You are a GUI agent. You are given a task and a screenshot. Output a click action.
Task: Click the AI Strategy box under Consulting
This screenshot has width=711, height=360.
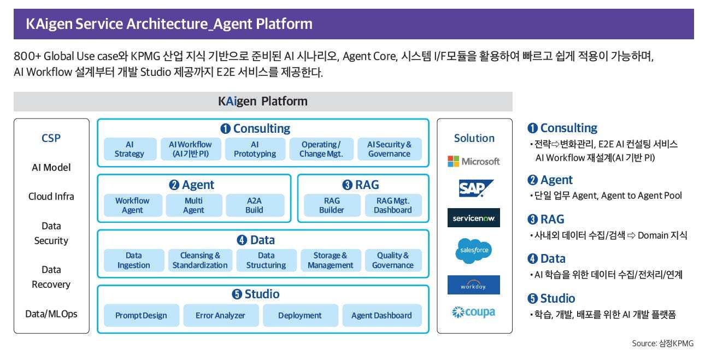(x=130, y=149)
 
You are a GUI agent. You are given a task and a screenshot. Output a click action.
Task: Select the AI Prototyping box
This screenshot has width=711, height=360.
(x=255, y=149)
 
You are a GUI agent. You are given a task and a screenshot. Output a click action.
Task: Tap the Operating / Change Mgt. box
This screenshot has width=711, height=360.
(x=321, y=149)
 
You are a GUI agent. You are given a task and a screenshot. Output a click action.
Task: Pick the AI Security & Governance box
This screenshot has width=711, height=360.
(x=389, y=149)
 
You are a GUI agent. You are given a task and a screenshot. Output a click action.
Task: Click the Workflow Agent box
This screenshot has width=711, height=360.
(x=132, y=205)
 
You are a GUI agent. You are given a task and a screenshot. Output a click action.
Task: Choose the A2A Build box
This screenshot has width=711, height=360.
(x=254, y=205)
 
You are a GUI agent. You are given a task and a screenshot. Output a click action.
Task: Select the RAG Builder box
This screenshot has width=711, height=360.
(x=332, y=205)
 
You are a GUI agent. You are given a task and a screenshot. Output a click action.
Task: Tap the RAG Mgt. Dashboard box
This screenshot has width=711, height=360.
(x=392, y=205)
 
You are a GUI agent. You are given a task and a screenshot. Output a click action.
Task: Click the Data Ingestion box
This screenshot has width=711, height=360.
(x=133, y=261)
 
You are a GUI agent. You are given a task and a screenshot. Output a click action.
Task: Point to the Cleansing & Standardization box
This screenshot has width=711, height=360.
(x=200, y=261)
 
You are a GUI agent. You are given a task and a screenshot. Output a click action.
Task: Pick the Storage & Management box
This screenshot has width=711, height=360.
(x=330, y=261)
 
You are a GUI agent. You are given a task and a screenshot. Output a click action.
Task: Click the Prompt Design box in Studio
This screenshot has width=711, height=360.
(x=141, y=315)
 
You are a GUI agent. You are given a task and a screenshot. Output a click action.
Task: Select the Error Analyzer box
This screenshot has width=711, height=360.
(x=220, y=315)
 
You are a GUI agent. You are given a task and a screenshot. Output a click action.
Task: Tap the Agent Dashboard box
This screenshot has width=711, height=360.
(x=381, y=315)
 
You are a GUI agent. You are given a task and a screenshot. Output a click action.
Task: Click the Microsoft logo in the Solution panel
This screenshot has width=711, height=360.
(x=474, y=161)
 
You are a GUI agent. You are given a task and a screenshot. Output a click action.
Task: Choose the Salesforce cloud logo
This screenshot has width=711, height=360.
(x=474, y=250)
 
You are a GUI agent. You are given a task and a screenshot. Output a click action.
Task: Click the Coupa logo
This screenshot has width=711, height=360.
(x=474, y=312)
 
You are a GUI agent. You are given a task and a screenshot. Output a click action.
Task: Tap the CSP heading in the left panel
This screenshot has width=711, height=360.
(x=51, y=138)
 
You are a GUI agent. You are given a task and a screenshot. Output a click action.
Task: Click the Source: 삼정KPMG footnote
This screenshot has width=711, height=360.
(x=662, y=343)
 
